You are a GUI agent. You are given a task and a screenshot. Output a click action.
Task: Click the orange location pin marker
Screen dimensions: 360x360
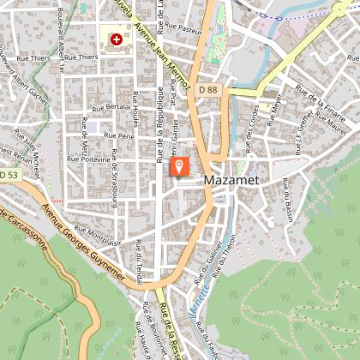179,165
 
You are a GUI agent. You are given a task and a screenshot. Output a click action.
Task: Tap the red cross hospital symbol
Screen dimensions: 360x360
115,39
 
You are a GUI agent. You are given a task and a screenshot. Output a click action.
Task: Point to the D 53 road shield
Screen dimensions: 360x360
9,175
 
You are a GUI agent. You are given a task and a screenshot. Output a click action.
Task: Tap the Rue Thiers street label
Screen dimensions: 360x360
82,58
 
